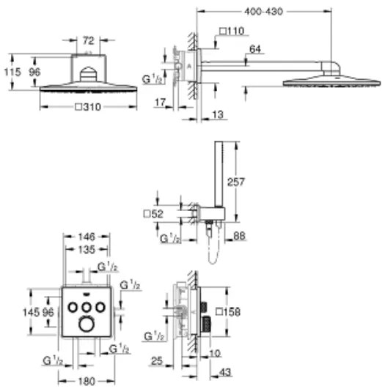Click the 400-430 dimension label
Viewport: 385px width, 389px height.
click(263, 12)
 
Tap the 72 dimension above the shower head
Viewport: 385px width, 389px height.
click(88, 40)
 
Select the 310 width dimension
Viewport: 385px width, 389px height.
click(88, 107)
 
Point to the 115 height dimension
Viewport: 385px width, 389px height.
click(12, 72)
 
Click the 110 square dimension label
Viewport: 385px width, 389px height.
click(232, 31)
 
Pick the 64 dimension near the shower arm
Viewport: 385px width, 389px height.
click(255, 49)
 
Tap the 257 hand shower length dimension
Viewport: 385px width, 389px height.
click(236, 182)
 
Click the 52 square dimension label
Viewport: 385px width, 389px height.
click(153, 214)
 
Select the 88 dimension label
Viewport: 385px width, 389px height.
click(239, 236)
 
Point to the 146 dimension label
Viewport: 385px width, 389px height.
click(87, 237)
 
